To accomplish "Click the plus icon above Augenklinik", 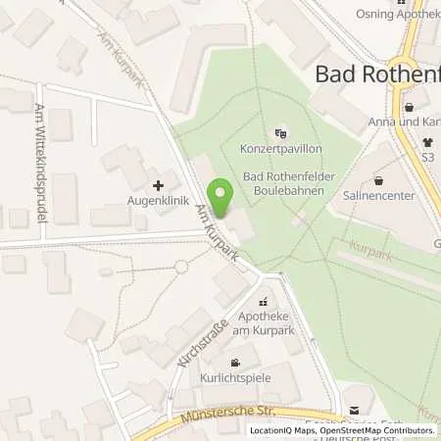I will tap(158, 184).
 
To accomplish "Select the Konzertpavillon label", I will tap(281, 150).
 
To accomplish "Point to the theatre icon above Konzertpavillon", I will tap(281, 133).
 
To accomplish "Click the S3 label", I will tap(427, 156).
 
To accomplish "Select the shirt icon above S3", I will tap(427, 141).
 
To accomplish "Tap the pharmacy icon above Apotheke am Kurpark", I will tap(263, 304).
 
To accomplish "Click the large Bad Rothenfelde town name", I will tap(377, 73).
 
